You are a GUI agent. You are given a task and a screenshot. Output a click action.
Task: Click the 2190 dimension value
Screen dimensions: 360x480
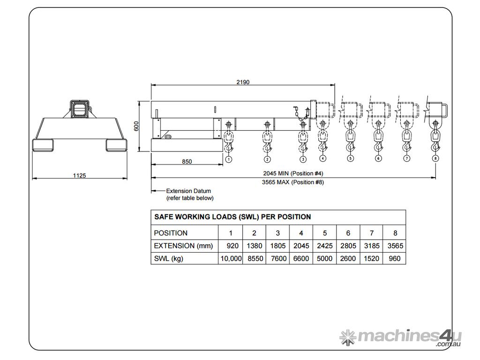point(243,82)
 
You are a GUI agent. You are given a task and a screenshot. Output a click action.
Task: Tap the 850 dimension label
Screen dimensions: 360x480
point(187,162)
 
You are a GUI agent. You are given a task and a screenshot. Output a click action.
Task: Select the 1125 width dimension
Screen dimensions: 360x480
point(79,175)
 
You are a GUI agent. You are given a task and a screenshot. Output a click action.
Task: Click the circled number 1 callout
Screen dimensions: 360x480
point(228,159)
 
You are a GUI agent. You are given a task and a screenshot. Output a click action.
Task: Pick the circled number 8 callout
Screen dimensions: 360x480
point(435,159)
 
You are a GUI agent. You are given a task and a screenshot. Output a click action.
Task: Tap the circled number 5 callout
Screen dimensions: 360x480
point(350,159)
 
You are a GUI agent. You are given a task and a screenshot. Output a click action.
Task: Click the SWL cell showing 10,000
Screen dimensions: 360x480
point(231,258)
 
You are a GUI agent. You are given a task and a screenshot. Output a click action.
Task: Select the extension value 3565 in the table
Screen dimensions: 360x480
point(395,246)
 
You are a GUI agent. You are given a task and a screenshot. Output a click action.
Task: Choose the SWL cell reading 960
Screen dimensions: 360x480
point(395,258)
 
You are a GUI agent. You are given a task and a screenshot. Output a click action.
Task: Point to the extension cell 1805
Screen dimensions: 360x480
point(277,246)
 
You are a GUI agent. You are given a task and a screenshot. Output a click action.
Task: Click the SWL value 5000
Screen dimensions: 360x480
point(324,258)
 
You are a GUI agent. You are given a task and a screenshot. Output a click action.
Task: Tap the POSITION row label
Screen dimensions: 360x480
point(171,233)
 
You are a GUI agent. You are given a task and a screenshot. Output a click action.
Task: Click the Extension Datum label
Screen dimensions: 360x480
point(188,191)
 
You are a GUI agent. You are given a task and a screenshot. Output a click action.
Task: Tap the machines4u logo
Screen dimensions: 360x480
point(400,337)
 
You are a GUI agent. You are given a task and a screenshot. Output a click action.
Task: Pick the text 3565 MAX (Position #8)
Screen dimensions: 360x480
point(293,182)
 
